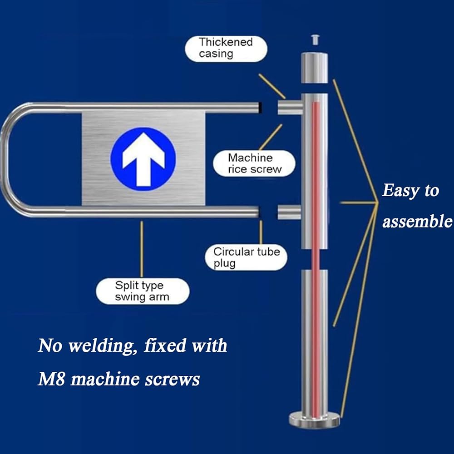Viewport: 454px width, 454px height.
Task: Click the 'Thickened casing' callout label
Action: (226, 49)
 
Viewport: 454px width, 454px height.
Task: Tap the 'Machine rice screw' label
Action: (254, 164)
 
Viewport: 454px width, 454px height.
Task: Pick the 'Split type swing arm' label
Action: (142, 291)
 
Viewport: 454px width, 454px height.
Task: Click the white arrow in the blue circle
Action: (143, 158)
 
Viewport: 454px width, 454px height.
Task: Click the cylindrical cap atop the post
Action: (314, 68)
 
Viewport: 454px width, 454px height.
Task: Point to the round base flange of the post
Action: (314, 420)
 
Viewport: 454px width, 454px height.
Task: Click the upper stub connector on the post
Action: (290, 107)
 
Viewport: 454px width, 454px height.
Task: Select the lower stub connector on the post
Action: (289, 212)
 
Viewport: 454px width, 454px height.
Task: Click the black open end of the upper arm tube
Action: (260, 108)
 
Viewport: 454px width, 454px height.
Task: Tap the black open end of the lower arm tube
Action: (258, 212)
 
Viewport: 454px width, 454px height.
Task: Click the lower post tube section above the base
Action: (314, 340)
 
